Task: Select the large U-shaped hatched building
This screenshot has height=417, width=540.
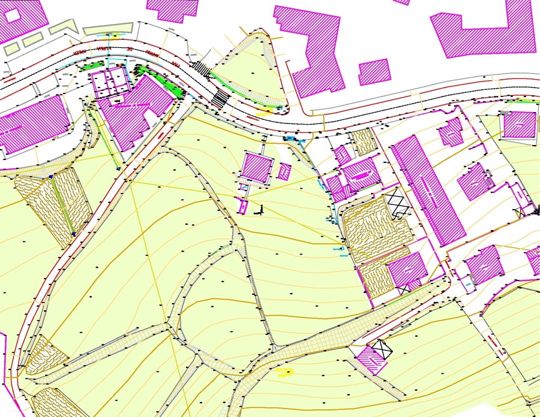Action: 484,30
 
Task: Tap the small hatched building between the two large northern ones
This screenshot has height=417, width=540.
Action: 374,71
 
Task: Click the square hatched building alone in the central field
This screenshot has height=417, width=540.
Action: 257,167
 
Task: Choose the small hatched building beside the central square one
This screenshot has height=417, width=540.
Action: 284,173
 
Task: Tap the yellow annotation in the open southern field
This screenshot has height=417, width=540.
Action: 284,371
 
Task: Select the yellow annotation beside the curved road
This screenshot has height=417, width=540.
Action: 264,111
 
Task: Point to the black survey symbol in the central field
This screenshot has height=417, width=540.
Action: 260,210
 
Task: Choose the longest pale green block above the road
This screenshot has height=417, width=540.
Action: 107,29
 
